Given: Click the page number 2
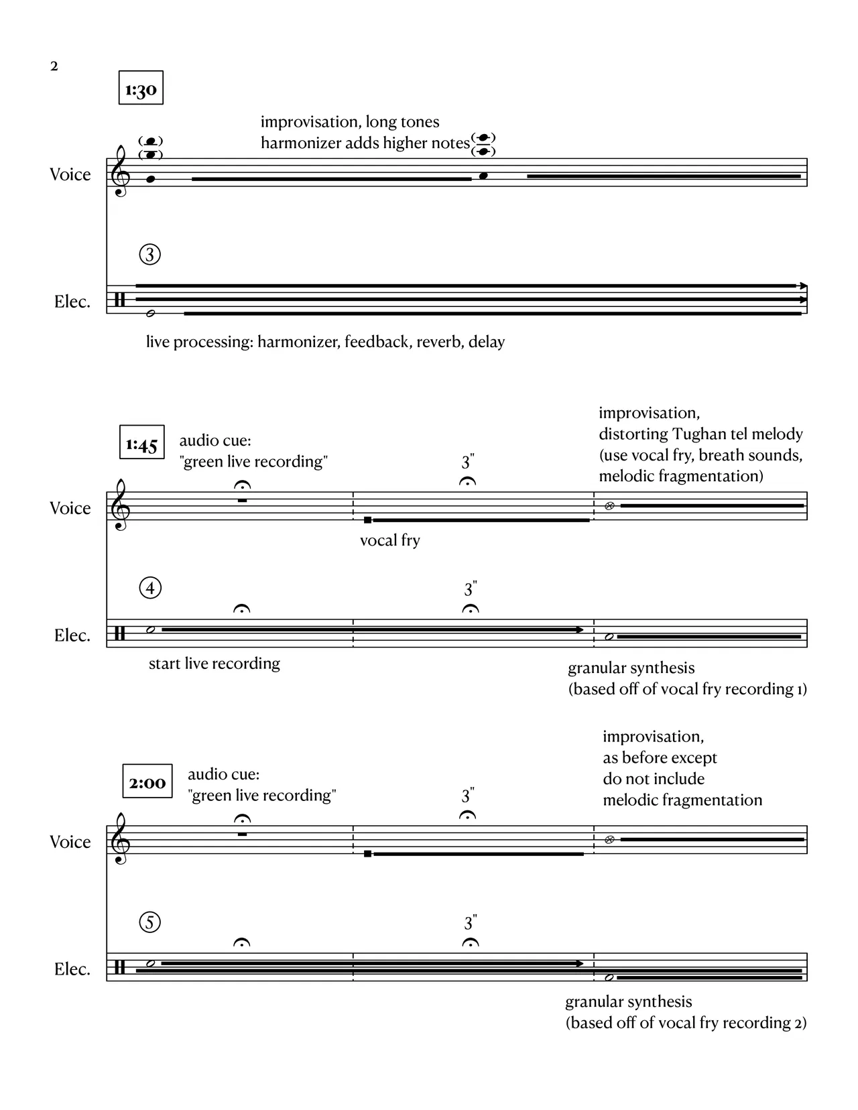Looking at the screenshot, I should click(54, 66).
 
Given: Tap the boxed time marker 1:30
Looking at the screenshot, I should click(141, 88).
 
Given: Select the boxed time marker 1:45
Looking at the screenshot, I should click(141, 443).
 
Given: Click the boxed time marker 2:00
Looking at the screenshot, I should click(147, 782).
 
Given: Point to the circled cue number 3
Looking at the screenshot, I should click(149, 255).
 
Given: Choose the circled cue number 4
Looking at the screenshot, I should click(149, 589).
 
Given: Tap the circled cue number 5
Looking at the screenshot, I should click(149, 922).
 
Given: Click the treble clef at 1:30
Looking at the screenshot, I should click(121, 172).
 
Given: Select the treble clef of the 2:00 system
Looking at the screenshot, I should click(121, 839).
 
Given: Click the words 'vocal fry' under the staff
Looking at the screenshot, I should click(389, 540).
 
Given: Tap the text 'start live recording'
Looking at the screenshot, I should click(214, 664).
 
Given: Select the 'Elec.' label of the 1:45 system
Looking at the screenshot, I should click(72, 635).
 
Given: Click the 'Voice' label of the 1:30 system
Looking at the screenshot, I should click(70, 174).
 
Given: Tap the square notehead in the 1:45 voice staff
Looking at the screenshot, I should click(367, 520).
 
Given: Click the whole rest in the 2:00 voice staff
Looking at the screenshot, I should click(242, 834).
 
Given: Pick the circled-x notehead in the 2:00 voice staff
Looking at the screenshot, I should click(609, 840).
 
